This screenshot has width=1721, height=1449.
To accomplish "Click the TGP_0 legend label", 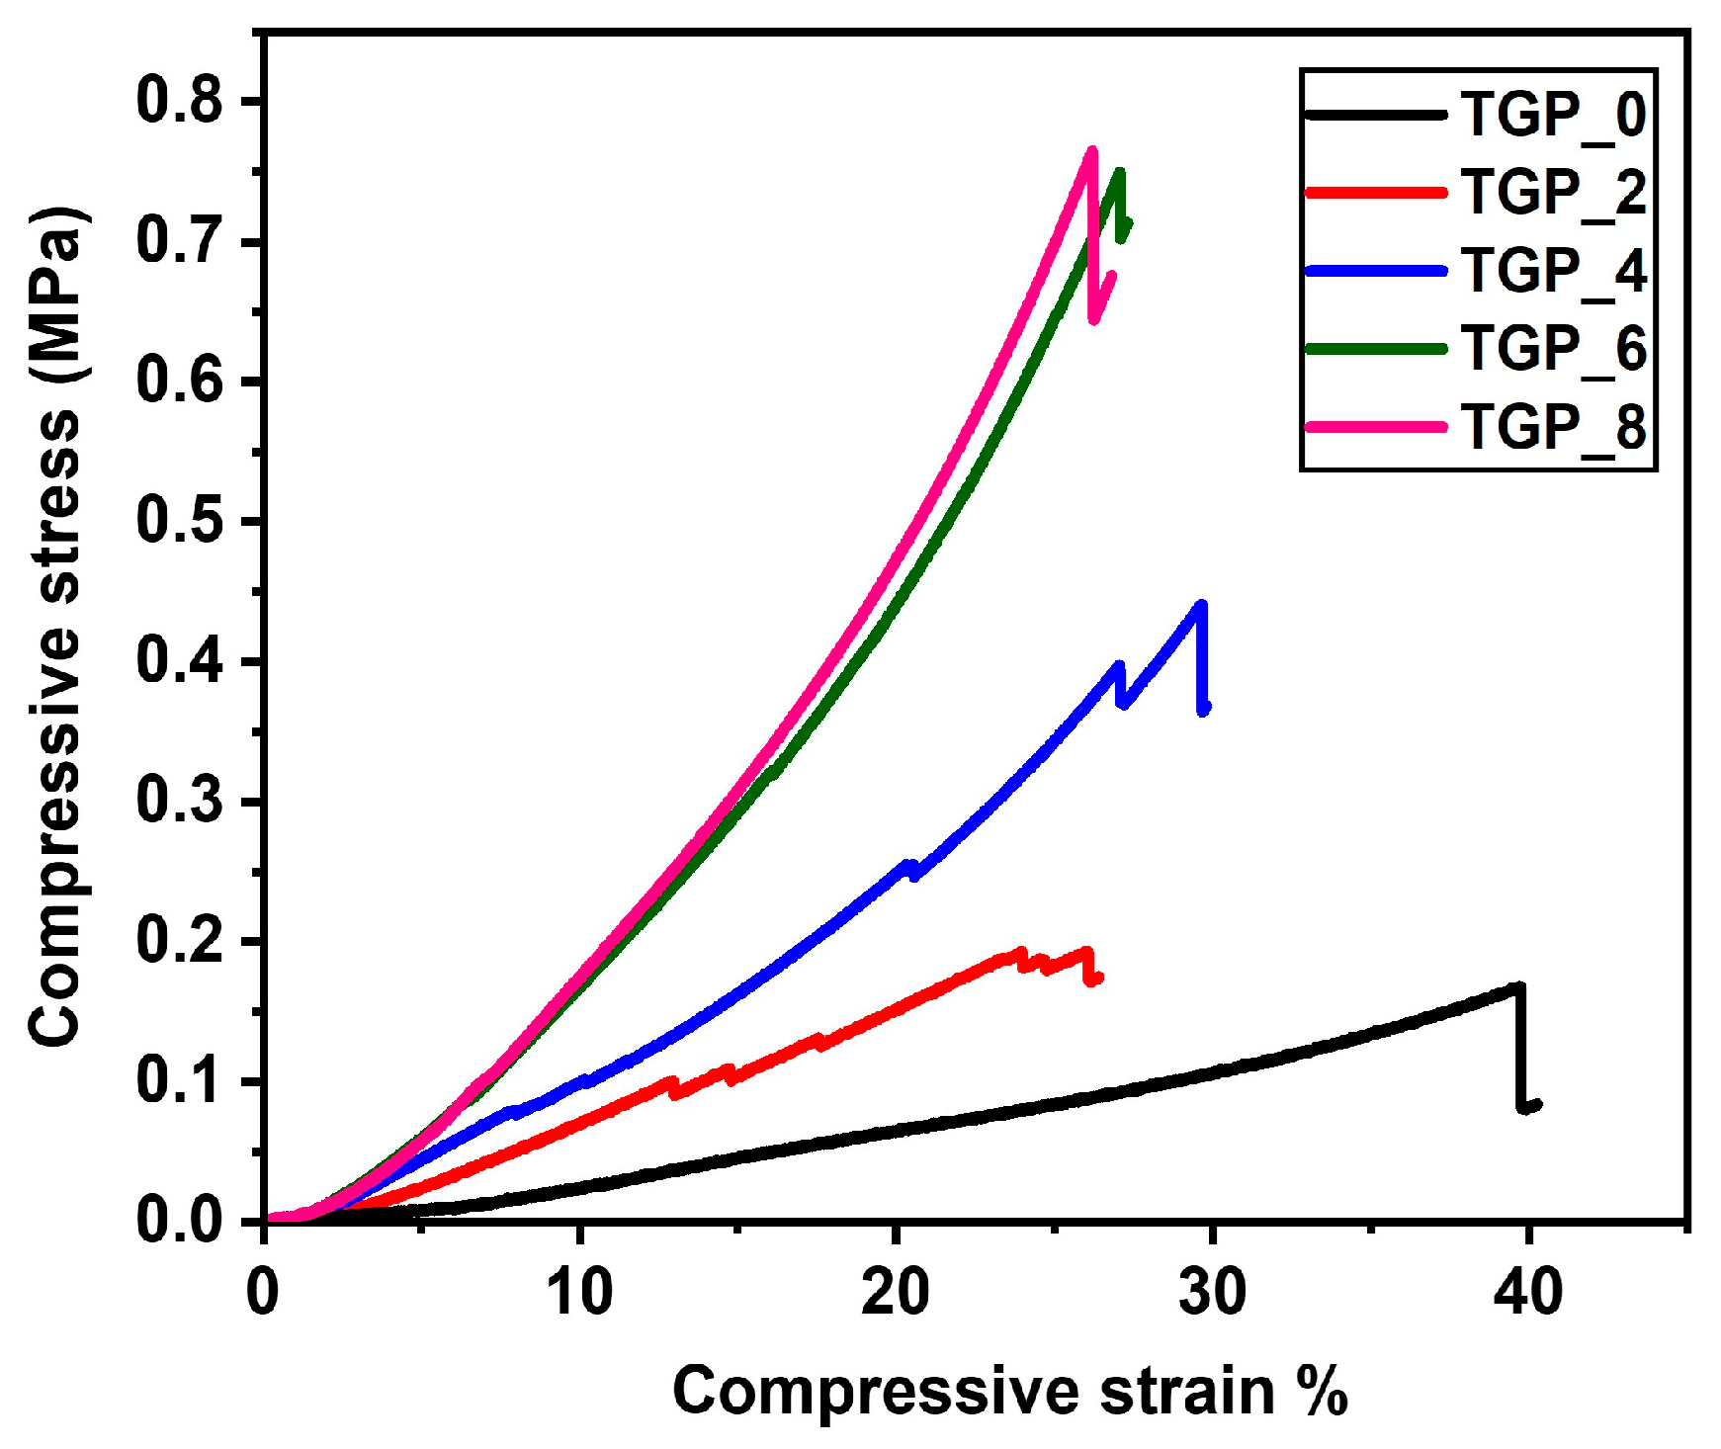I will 1552,115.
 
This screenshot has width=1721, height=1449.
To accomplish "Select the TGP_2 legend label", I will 1552,193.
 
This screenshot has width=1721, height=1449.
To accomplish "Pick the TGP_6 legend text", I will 1552,348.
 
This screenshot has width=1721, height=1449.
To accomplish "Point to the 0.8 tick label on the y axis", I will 178,102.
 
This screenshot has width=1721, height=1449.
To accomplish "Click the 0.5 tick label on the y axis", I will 178,521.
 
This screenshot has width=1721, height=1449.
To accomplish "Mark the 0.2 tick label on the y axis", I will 178,940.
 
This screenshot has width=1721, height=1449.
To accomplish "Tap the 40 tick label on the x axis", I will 1527,1292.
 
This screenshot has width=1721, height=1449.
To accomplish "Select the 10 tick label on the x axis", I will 579,1292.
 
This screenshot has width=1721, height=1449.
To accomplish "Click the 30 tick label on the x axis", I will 1212,1292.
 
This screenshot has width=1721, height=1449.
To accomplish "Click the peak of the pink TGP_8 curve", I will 1091,151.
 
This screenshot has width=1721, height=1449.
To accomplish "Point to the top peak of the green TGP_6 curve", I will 1119,173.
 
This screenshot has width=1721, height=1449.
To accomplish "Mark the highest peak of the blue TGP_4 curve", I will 1201,604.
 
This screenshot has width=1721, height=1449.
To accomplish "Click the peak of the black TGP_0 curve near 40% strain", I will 1518,986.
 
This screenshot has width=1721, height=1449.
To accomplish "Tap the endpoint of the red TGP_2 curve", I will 1098,978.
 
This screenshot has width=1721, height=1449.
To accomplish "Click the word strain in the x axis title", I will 1187,1392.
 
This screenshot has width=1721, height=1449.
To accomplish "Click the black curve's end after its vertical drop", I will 1537,1104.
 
